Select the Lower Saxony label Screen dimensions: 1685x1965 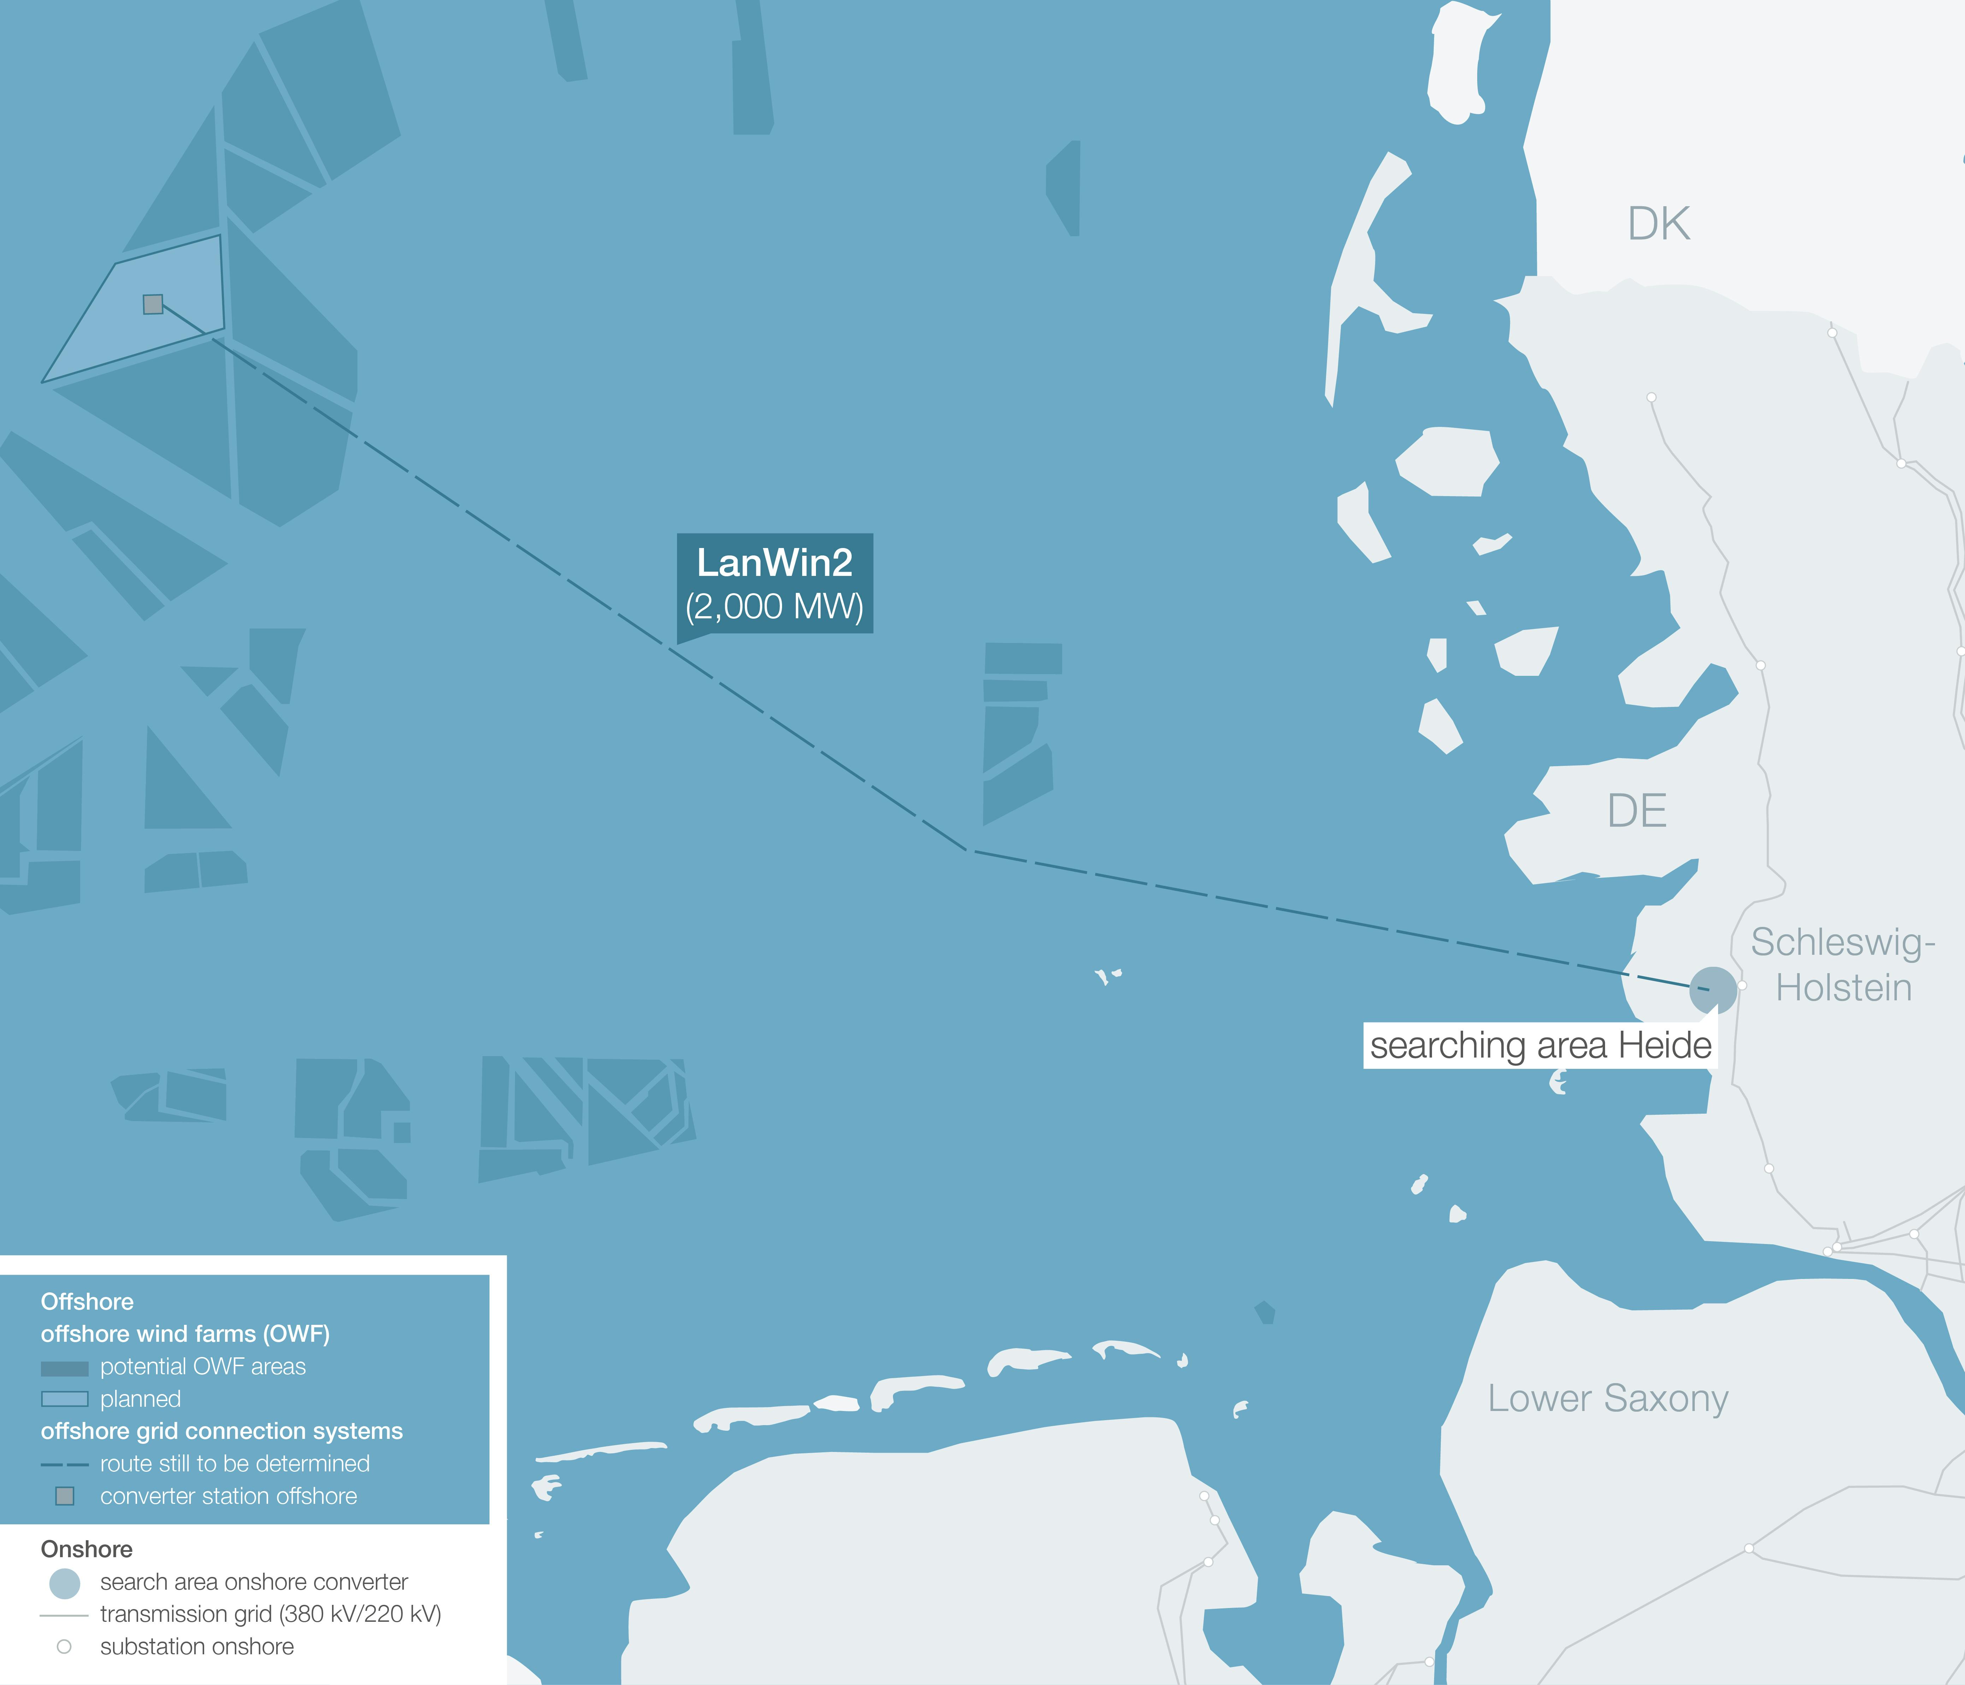(1608, 1399)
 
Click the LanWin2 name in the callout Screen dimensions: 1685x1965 (774, 563)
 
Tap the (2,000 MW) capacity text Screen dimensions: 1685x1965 (774, 607)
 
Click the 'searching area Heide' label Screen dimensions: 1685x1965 (1540, 1045)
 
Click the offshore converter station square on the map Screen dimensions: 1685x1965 (153, 304)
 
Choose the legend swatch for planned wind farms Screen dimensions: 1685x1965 (65, 1400)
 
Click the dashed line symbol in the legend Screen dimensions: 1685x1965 (65, 1465)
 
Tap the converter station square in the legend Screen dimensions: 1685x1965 (65, 1496)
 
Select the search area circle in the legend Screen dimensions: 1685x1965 (65, 1583)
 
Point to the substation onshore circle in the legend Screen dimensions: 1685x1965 (65, 1647)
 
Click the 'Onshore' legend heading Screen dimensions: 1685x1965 (86, 1549)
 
